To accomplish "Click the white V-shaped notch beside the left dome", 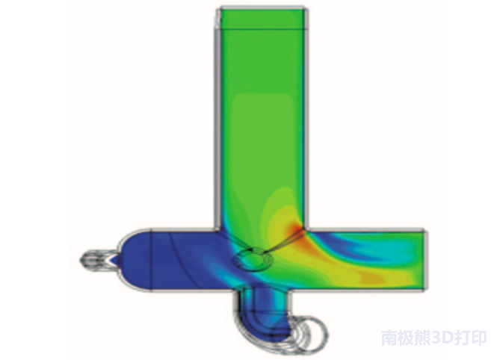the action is click(x=113, y=259).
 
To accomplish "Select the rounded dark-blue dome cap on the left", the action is click(x=135, y=260).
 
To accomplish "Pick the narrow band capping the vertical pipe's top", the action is click(x=263, y=19).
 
